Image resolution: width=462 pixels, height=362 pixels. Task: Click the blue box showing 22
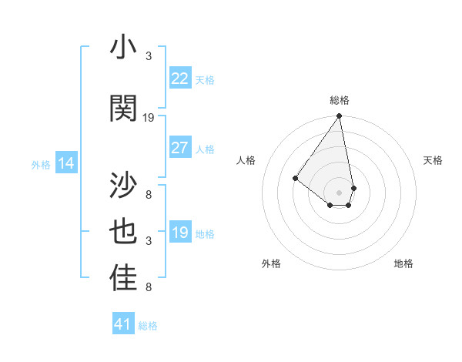tap(180, 78)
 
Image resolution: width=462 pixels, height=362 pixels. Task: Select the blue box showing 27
tap(180, 148)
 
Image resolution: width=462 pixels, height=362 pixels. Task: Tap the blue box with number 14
tap(66, 163)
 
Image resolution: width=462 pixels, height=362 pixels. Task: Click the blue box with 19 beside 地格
tap(180, 233)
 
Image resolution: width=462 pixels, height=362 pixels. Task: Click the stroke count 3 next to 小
tap(149, 55)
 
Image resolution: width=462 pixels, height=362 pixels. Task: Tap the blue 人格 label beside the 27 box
tap(205, 149)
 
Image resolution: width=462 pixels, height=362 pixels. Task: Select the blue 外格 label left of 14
tap(41, 164)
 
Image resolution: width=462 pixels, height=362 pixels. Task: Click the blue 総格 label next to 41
tap(148, 326)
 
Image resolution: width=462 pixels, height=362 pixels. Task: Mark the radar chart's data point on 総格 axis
tap(339, 116)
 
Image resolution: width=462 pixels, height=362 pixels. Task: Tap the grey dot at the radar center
tap(339, 192)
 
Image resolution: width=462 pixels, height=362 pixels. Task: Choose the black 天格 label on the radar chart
tap(433, 160)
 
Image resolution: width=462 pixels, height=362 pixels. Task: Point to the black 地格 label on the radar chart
tap(403, 263)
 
